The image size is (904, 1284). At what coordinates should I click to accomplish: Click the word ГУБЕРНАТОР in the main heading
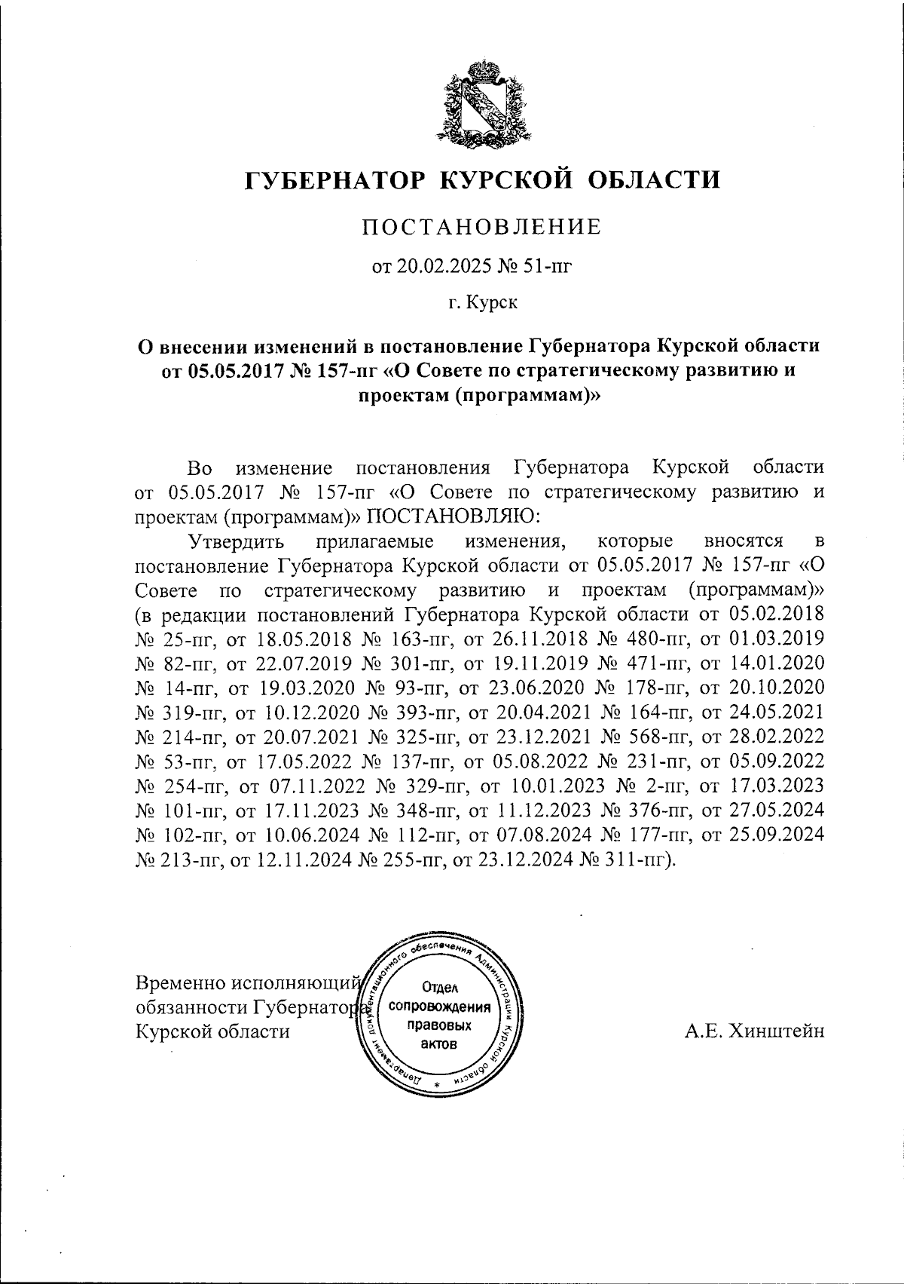(333, 179)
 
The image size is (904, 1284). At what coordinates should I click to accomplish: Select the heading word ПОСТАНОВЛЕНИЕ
(482, 227)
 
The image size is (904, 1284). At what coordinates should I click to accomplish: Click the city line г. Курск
(483, 303)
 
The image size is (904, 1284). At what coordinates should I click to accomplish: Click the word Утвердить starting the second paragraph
(235, 541)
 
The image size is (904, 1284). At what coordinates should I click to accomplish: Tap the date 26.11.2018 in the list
(528, 639)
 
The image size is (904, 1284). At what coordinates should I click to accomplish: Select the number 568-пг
(648, 736)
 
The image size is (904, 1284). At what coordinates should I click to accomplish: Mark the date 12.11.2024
(289, 860)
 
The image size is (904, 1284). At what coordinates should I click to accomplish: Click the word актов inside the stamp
(438, 1044)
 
